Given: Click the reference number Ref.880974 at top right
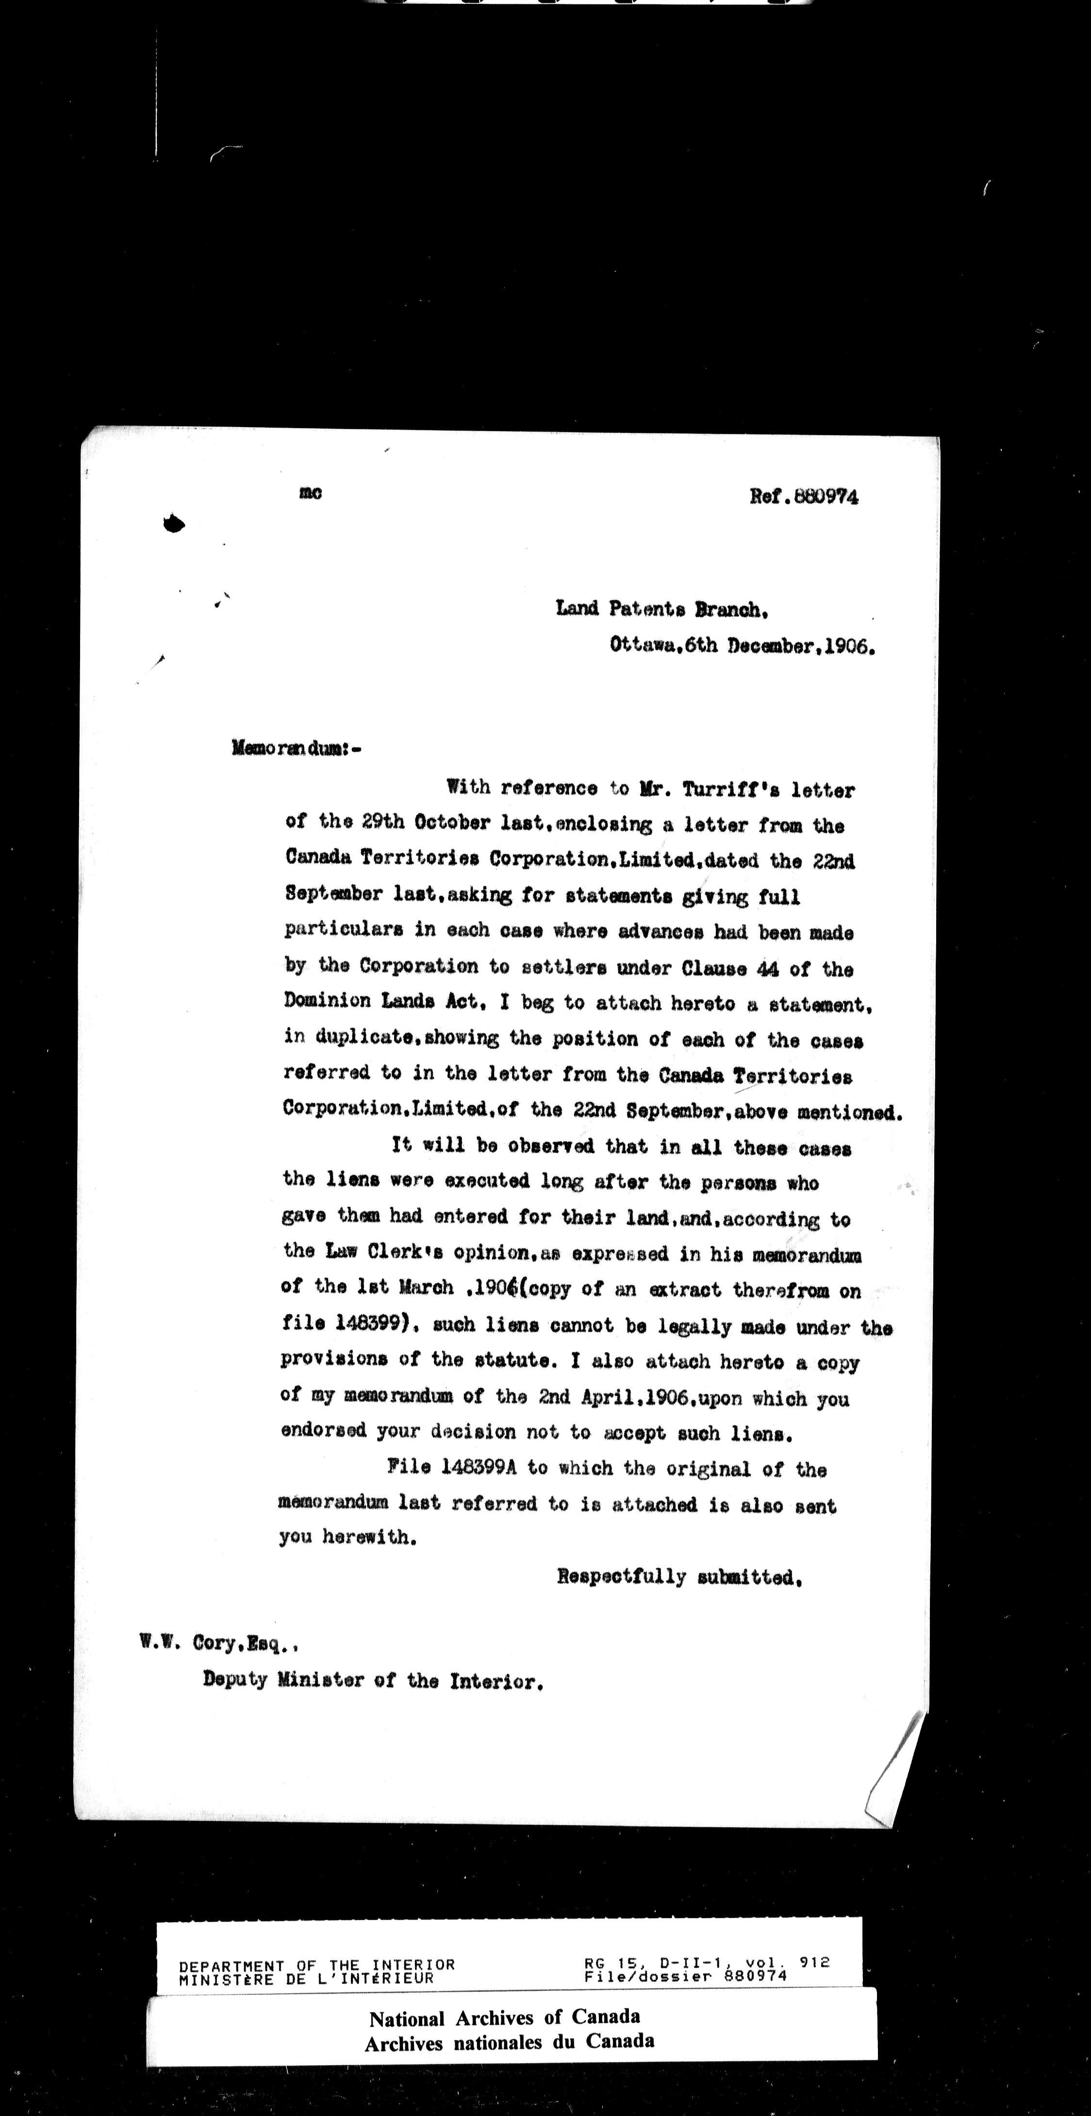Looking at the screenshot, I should (804, 497).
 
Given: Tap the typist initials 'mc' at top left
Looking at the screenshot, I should (311, 493).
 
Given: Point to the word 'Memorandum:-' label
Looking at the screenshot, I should (297, 749).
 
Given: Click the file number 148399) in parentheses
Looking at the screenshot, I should (374, 1325).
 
